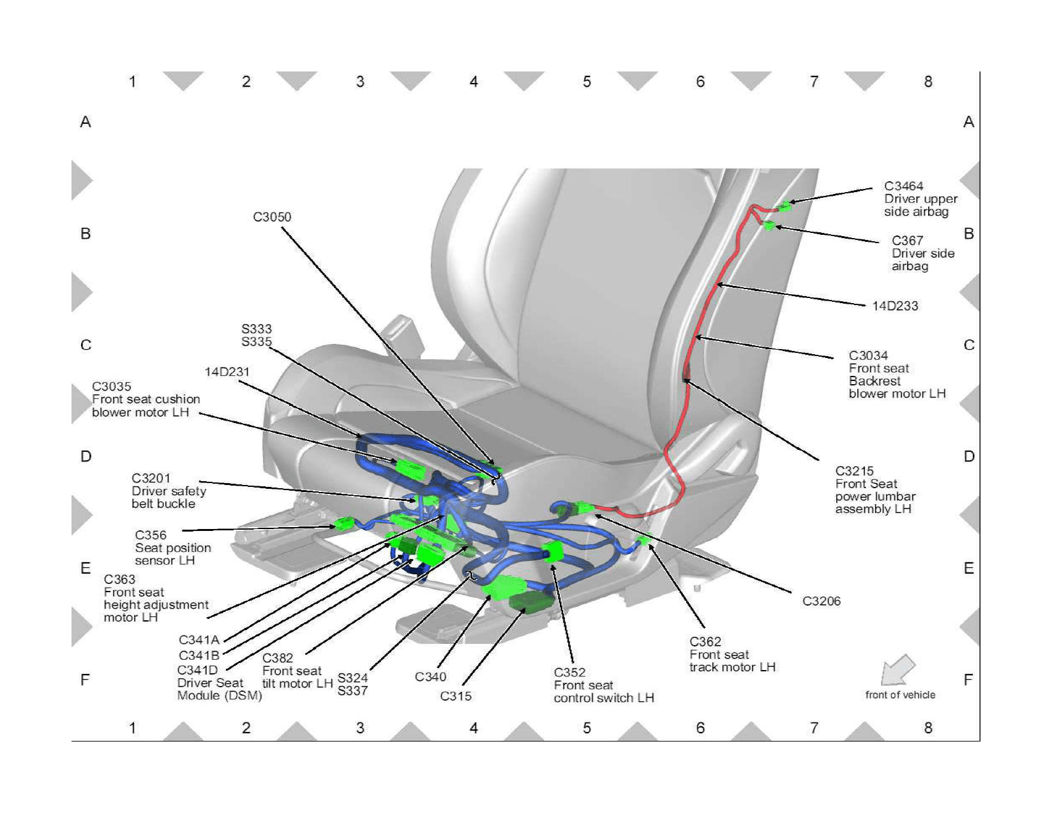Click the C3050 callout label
tap(272, 217)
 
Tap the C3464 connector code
tap(903, 186)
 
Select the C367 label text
tap(907, 241)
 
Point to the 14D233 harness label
tap(895, 306)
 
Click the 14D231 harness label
tap(227, 372)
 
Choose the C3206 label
tap(822, 601)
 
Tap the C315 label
tap(456, 696)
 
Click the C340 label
tap(430, 677)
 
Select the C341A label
tap(199, 640)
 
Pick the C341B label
tap(199, 655)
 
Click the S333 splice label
tap(257, 329)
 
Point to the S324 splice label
tap(352, 678)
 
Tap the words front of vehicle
tap(900, 695)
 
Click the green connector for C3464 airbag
tap(785, 205)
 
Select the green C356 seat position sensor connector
tap(343, 525)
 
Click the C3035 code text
tap(112, 387)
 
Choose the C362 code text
tap(705, 642)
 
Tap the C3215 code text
tap(854, 472)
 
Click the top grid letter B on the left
tap(86, 234)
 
